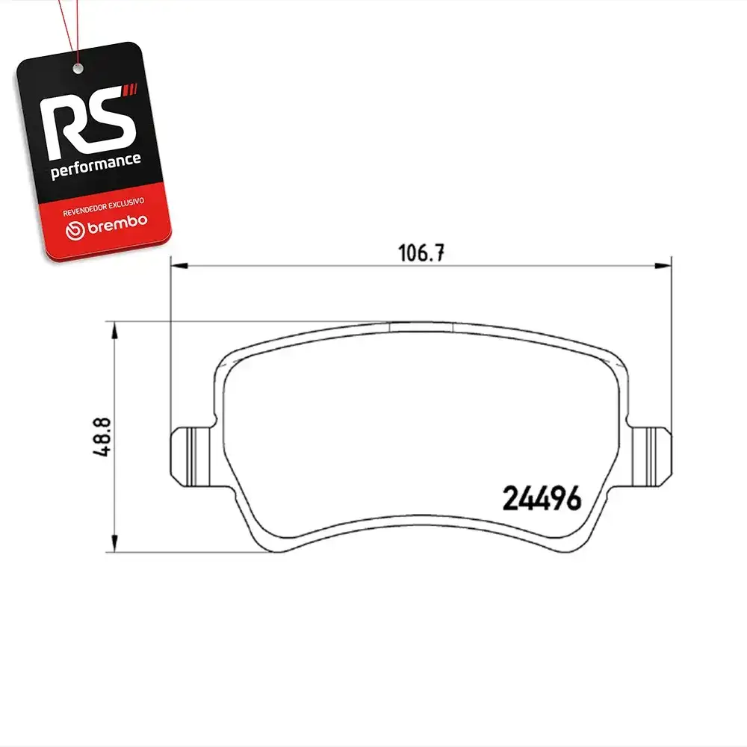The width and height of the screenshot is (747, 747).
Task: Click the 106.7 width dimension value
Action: tap(421, 253)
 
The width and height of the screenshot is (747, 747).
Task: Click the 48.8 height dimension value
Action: tap(102, 437)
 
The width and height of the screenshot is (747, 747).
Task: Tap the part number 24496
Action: tap(542, 498)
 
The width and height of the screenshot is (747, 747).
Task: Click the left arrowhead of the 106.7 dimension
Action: tap(179, 265)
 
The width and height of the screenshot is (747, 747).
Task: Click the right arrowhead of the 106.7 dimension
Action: tap(663, 265)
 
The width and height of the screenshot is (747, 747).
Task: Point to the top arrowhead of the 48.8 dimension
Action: tap(114, 331)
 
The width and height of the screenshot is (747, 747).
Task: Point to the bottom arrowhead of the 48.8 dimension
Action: tap(114, 543)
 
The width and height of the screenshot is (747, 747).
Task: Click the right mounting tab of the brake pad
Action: tap(649, 456)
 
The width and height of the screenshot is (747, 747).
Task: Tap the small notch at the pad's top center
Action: tap(421, 327)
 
